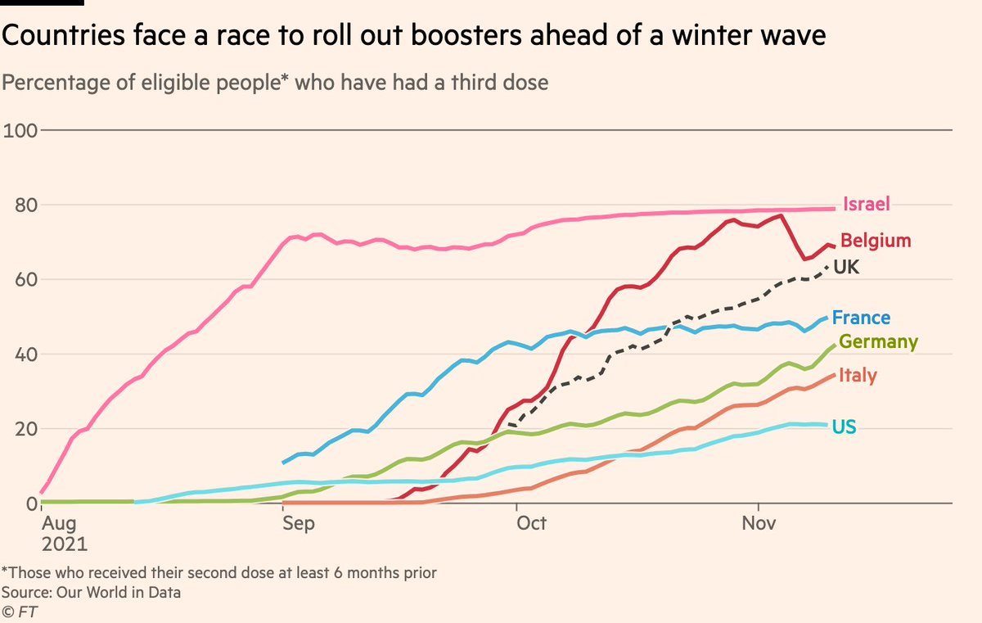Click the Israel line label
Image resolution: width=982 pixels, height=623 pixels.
click(x=867, y=205)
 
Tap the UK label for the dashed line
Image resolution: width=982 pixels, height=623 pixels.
click(x=845, y=267)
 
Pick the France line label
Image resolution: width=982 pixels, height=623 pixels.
click(x=862, y=318)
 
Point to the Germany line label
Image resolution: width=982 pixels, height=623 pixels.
click(x=878, y=341)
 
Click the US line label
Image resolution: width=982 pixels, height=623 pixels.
click(x=844, y=426)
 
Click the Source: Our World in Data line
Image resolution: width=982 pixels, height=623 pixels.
click(x=91, y=592)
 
